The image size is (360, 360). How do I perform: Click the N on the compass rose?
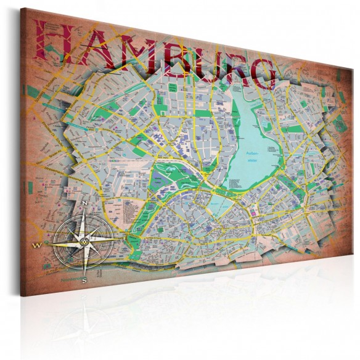[84, 203]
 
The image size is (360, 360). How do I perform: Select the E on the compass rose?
[125, 237]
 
